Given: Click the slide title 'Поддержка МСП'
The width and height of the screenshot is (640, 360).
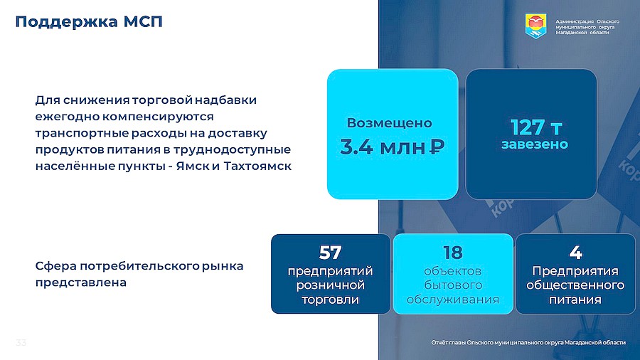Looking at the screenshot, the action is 89,21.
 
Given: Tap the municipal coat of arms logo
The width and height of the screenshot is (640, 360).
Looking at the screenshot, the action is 535,26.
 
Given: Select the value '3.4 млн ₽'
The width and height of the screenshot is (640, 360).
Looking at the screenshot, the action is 392,147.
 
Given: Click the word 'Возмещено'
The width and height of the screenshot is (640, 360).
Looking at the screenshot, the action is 390,123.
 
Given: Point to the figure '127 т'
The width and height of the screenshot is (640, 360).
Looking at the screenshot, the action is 536,127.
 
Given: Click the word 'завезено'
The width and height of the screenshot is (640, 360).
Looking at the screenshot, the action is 535,144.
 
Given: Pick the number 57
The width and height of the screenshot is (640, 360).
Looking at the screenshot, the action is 330,253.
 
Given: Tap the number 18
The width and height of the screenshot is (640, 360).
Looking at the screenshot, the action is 453,253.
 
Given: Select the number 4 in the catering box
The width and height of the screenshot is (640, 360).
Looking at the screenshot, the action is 575,253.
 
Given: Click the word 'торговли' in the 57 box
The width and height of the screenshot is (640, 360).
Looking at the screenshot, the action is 331,300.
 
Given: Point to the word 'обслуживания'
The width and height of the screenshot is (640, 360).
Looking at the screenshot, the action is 453,300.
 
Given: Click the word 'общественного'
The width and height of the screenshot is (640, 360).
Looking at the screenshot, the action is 575,285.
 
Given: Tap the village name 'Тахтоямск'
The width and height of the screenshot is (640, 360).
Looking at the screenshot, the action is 257,166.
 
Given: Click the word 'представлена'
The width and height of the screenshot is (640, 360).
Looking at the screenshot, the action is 81,282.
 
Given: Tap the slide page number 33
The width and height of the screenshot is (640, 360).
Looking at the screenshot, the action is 21,342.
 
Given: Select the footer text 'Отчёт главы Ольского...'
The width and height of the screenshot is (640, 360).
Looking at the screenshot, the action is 528,342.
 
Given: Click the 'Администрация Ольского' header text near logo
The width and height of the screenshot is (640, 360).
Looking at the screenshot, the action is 587,21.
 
